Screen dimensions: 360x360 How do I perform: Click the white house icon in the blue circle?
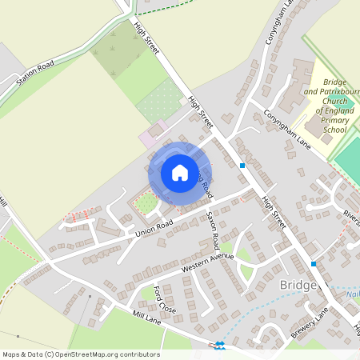180,173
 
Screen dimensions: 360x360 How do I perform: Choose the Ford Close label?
163,299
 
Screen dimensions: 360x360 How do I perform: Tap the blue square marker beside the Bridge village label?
314,263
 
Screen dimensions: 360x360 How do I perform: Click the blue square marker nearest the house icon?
242,165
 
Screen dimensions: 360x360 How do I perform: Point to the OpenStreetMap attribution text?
81,354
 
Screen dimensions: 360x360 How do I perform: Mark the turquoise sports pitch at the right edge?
349,160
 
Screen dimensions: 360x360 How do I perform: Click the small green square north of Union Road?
145,203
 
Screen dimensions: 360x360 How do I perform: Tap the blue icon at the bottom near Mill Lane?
219,345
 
